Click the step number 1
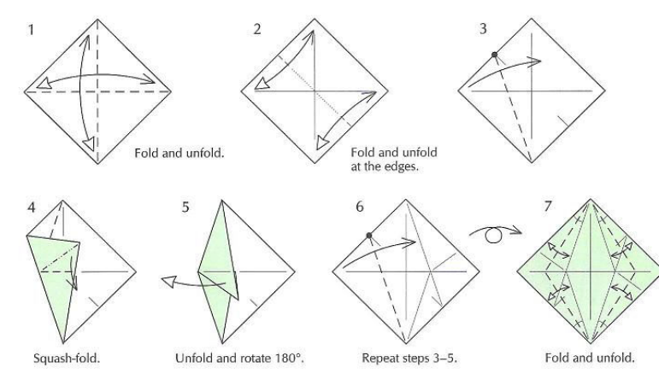30,30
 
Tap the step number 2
257,29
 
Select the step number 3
483,29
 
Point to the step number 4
31,207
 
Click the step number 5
185,207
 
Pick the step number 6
360,207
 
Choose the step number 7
547,207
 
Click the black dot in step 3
495,55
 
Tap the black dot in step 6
369,236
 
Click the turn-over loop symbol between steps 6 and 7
494,235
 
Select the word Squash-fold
67,359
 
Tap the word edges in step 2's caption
403,166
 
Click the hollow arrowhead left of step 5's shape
169,282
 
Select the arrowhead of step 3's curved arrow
536,61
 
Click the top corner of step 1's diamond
97,20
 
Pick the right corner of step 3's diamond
605,90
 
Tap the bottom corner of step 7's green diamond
591,343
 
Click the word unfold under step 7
617,359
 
